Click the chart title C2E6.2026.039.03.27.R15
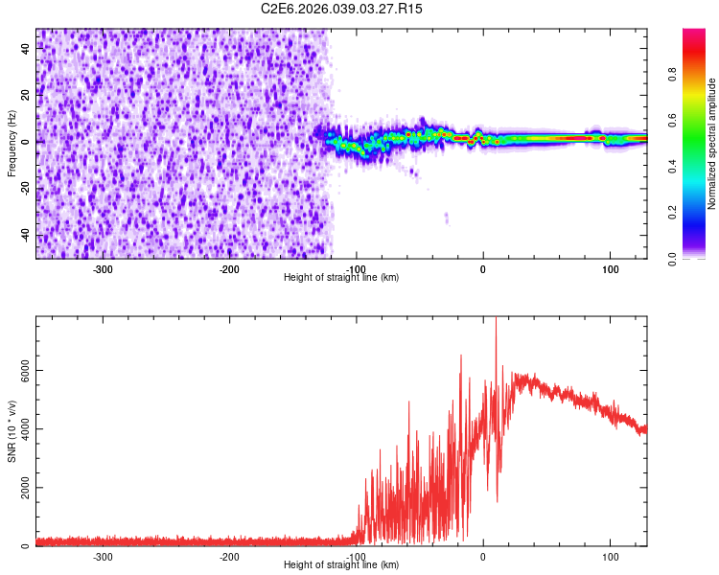342,9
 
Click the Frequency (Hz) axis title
12,144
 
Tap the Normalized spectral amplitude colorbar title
712,144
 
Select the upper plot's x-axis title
341,277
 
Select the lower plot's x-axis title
341,564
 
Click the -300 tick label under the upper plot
103,268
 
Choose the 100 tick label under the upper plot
610,268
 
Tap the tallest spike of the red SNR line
496,322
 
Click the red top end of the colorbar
694,33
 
